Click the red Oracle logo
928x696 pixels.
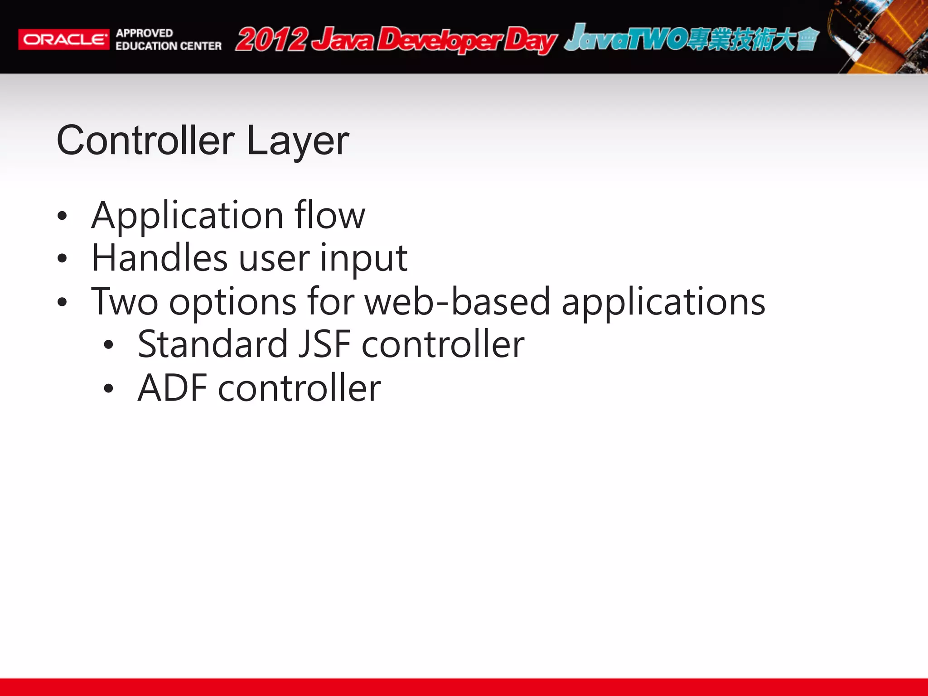pos(63,39)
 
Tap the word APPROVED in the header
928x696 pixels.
pos(145,33)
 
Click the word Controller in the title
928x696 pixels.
pos(145,141)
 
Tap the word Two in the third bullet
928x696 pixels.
pos(125,302)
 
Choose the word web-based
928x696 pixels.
pos(457,302)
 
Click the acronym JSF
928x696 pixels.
pos(324,344)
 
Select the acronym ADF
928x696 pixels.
pos(172,388)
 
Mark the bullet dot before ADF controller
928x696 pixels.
pos(108,388)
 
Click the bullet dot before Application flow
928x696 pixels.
pos(62,216)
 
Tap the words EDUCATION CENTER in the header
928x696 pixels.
pos(169,46)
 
